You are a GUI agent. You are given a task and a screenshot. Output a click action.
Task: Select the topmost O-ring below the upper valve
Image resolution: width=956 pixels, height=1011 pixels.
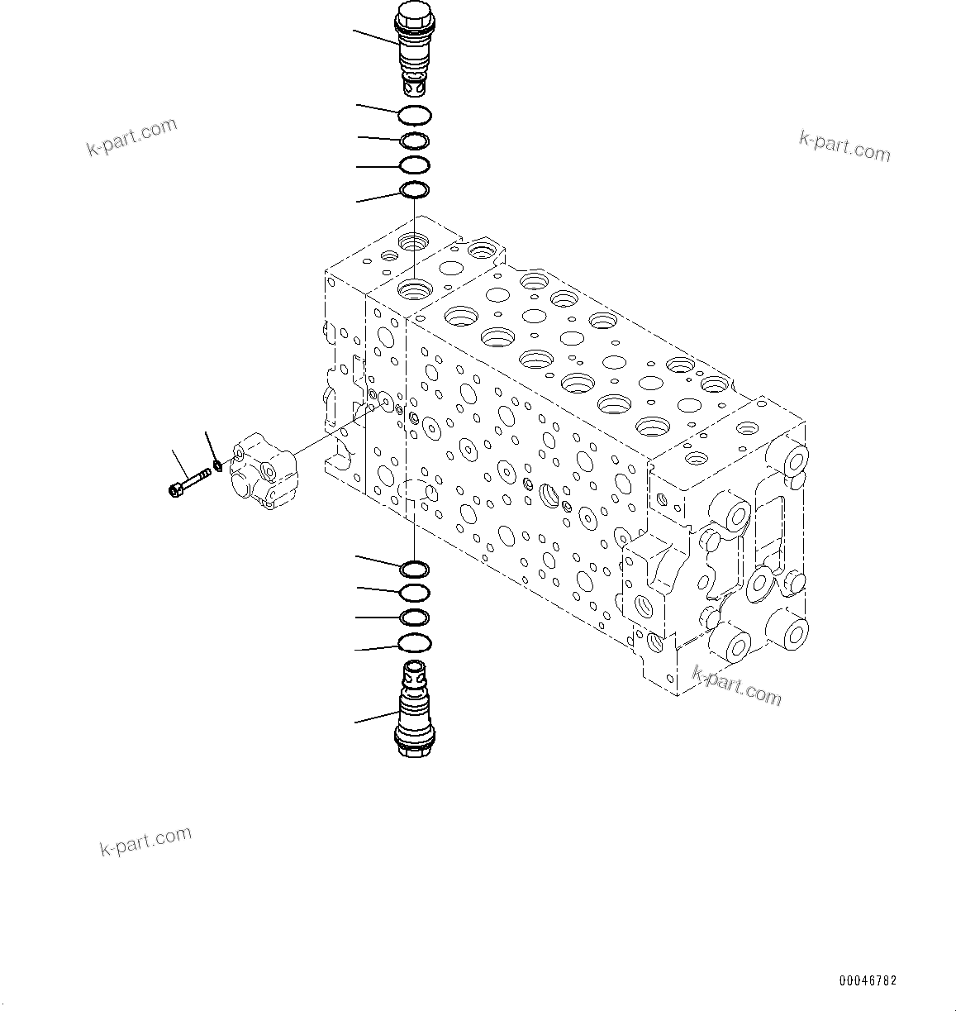414,115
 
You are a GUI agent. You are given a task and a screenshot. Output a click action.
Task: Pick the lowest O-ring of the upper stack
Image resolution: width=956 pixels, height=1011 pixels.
414,191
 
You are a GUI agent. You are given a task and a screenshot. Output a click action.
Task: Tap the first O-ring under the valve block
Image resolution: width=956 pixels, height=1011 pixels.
414,569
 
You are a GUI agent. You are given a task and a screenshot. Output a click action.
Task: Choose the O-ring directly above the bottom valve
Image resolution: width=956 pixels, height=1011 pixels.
414,643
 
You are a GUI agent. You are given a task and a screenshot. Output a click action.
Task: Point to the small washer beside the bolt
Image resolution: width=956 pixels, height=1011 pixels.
217,465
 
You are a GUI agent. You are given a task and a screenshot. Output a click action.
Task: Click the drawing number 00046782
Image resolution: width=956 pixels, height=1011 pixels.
868,981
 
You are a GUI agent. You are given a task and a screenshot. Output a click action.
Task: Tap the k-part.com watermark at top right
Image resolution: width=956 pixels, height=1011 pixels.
844,146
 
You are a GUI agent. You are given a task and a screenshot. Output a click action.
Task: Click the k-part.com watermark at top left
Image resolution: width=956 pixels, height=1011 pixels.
132,137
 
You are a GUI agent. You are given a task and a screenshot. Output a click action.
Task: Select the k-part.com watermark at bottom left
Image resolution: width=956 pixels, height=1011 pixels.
145,841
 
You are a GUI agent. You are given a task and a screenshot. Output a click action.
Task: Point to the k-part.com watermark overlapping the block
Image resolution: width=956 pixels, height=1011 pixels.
736,686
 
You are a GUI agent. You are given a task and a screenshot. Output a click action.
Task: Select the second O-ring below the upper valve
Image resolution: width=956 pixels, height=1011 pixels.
414,141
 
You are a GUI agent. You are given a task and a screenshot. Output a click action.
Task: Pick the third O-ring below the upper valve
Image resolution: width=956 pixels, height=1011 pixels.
414,165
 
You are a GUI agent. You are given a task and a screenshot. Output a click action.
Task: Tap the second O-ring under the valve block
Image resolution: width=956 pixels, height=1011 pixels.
414,593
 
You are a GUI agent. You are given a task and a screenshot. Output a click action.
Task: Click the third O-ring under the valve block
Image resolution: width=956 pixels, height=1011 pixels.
414,618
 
